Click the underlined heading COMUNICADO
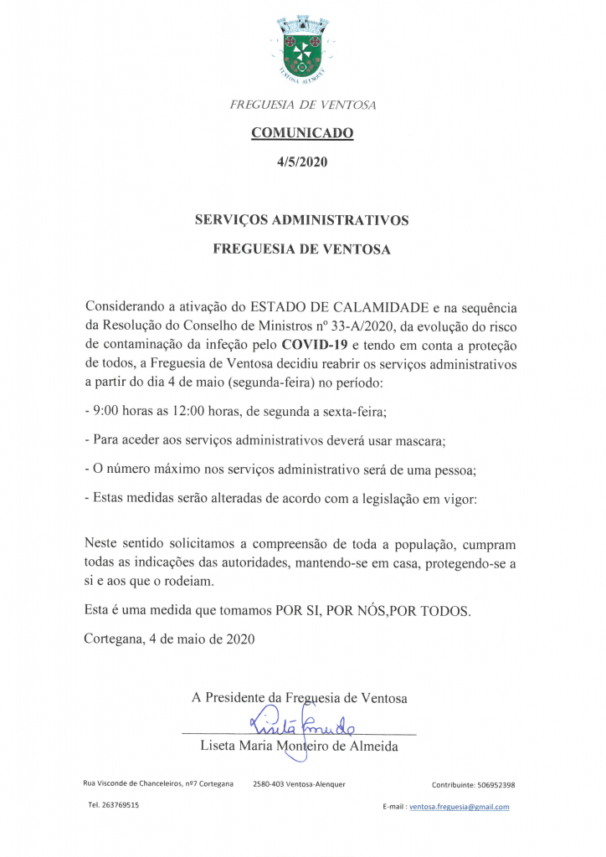tap(302, 132)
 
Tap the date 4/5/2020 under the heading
tap(302, 162)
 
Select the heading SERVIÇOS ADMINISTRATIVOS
tap(301, 220)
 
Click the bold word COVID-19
tap(314, 346)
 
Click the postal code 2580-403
tap(268, 784)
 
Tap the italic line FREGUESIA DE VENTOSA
tap(302, 105)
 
